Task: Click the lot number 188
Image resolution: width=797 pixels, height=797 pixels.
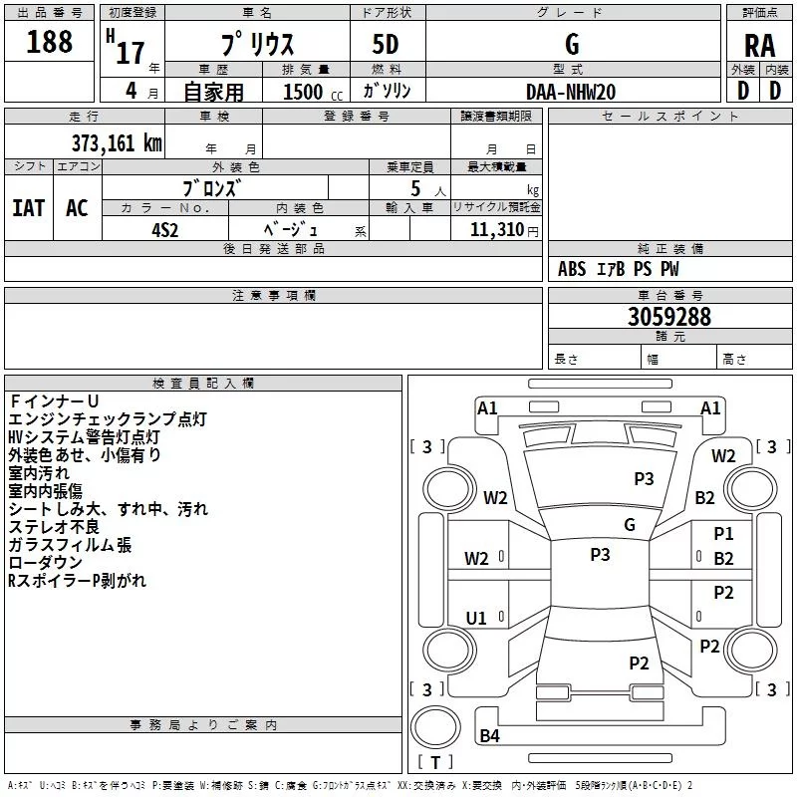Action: (50, 42)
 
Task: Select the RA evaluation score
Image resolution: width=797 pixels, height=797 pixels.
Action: (759, 45)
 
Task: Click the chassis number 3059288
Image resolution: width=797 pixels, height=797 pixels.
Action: (669, 317)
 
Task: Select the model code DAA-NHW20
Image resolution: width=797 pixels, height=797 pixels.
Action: (571, 91)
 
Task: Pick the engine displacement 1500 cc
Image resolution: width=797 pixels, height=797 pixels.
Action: (305, 92)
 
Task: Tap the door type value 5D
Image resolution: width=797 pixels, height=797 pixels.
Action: (386, 45)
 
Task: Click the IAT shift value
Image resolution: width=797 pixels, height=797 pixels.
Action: (28, 208)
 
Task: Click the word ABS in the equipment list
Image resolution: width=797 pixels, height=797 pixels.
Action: (572, 269)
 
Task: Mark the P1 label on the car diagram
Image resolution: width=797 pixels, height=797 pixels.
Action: (723, 535)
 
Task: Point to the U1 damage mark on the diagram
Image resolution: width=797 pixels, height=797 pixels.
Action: (476, 619)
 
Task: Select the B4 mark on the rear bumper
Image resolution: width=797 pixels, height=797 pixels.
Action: (489, 736)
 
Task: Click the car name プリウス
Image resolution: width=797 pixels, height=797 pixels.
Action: (256, 46)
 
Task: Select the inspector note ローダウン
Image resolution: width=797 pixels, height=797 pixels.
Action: (45, 563)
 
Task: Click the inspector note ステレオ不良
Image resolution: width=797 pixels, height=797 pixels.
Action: (55, 527)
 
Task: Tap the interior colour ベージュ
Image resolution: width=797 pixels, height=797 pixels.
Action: (289, 228)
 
